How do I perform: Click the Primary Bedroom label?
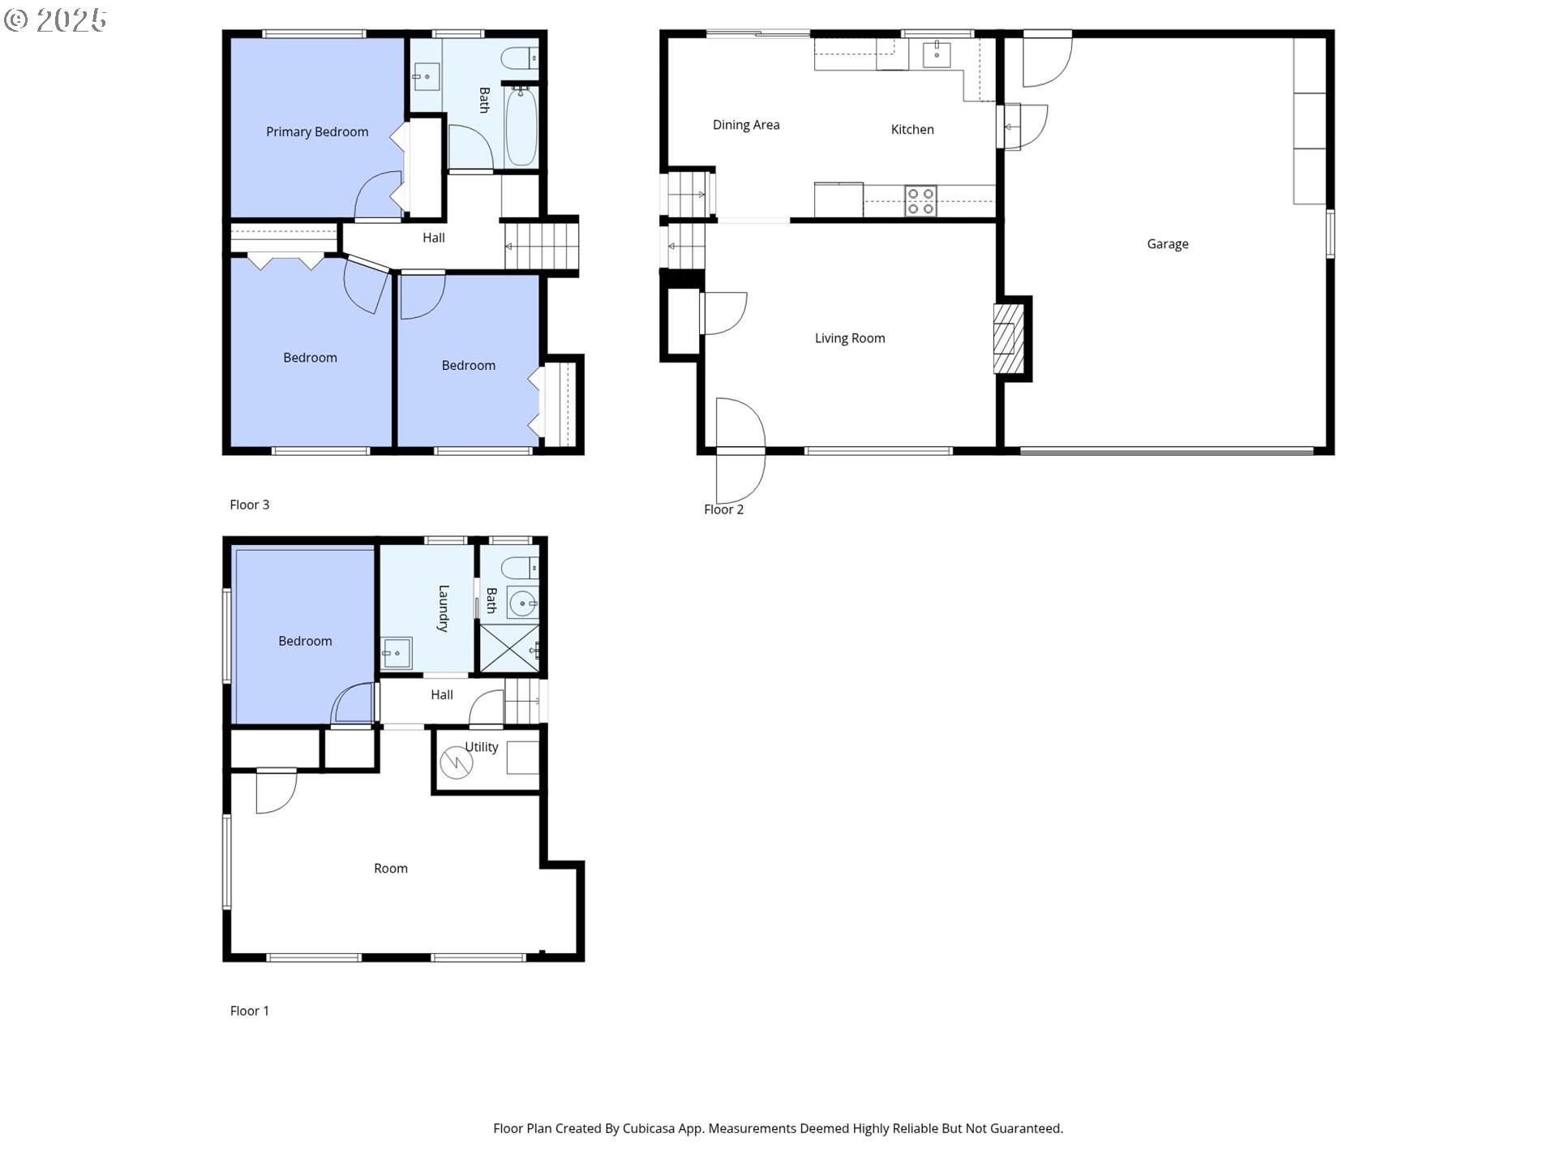tap(317, 132)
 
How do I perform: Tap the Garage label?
tap(1167, 244)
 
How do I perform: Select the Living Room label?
tap(849, 338)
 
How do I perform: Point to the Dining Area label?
tap(745, 125)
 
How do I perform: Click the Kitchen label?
tap(911, 130)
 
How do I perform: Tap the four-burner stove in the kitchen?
tap(920, 201)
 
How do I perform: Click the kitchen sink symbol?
tap(937, 54)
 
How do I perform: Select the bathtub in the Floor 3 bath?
tap(521, 126)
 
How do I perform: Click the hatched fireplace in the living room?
tap(1005, 338)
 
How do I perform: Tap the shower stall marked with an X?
tap(509, 648)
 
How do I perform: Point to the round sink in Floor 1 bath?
tap(522, 603)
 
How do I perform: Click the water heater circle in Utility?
tap(456, 762)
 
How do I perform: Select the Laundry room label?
tap(443, 608)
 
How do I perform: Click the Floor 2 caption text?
tap(723, 509)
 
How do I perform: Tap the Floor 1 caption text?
tap(249, 1011)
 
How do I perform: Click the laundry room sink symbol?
tap(397, 653)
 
